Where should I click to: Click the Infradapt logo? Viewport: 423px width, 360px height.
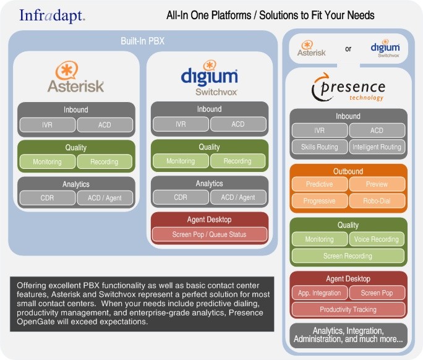[x=53, y=16]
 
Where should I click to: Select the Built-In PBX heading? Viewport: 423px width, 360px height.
[x=142, y=41]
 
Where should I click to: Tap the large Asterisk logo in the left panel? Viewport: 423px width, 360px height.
[x=75, y=77]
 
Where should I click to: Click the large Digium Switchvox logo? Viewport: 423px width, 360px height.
[x=210, y=78]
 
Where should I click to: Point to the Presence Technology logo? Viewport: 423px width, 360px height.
[x=348, y=87]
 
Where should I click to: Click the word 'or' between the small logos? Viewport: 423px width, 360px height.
[x=348, y=49]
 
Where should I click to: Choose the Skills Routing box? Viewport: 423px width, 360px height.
[x=319, y=147]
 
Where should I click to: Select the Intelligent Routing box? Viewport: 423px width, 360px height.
[x=377, y=147]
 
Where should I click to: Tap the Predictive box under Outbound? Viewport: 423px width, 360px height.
[x=319, y=184]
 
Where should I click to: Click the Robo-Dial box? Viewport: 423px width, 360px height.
[x=377, y=201]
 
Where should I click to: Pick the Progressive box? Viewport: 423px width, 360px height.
[x=319, y=201]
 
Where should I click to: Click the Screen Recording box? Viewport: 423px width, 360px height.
[x=348, y=256]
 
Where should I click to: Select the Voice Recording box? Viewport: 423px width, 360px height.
[x=377, y=239]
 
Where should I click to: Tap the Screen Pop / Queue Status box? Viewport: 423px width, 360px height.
[x=210, y=234]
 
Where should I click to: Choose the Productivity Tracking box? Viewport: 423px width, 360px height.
[x=348, y=309]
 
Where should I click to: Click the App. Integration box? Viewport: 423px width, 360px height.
[x=319, y=293]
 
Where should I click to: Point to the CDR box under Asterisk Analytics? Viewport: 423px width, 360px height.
[x=47, y=198]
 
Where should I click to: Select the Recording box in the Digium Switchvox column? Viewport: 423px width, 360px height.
[x=237, y=161]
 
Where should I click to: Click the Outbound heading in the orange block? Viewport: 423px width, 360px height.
[x=348, y=171]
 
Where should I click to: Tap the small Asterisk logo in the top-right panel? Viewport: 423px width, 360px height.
[x=311, y=48]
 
